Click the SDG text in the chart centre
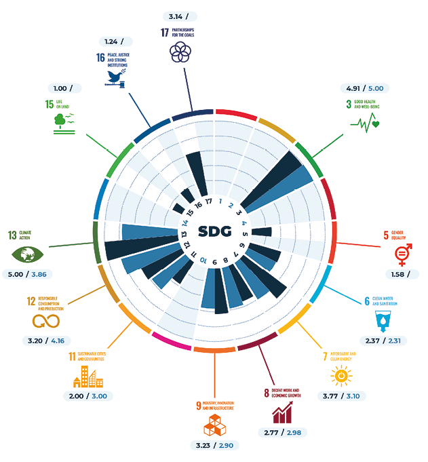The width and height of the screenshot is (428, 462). [214, 231]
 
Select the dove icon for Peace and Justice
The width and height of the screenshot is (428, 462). [116, 79]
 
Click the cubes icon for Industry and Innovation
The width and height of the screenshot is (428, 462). [214, 425]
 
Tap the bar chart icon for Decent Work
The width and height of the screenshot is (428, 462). [283, 411]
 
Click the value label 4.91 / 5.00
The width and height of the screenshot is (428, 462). [364, 88]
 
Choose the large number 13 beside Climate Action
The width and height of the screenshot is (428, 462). [12, 235]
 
